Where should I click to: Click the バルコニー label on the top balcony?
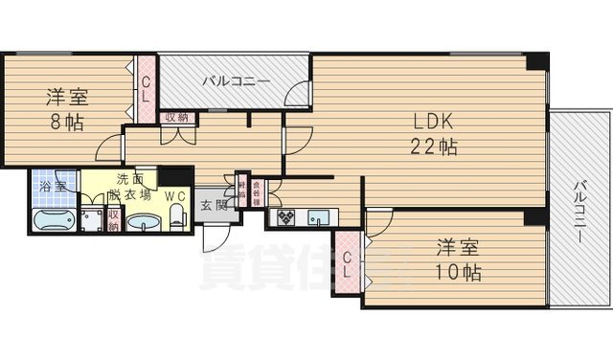pyautogui.click(x=236, y=82)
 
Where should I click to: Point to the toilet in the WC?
pyautogui.click(x=176, y=217)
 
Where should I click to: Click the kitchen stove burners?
pyautogui.click(x=286, y=217)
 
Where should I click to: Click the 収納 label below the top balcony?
pyautogui.click(x=176, y=118)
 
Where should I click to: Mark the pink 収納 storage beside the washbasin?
pyautogui.click(x=113, y=220)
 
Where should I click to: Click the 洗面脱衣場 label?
pyautogui.click(x=128, y=186)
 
